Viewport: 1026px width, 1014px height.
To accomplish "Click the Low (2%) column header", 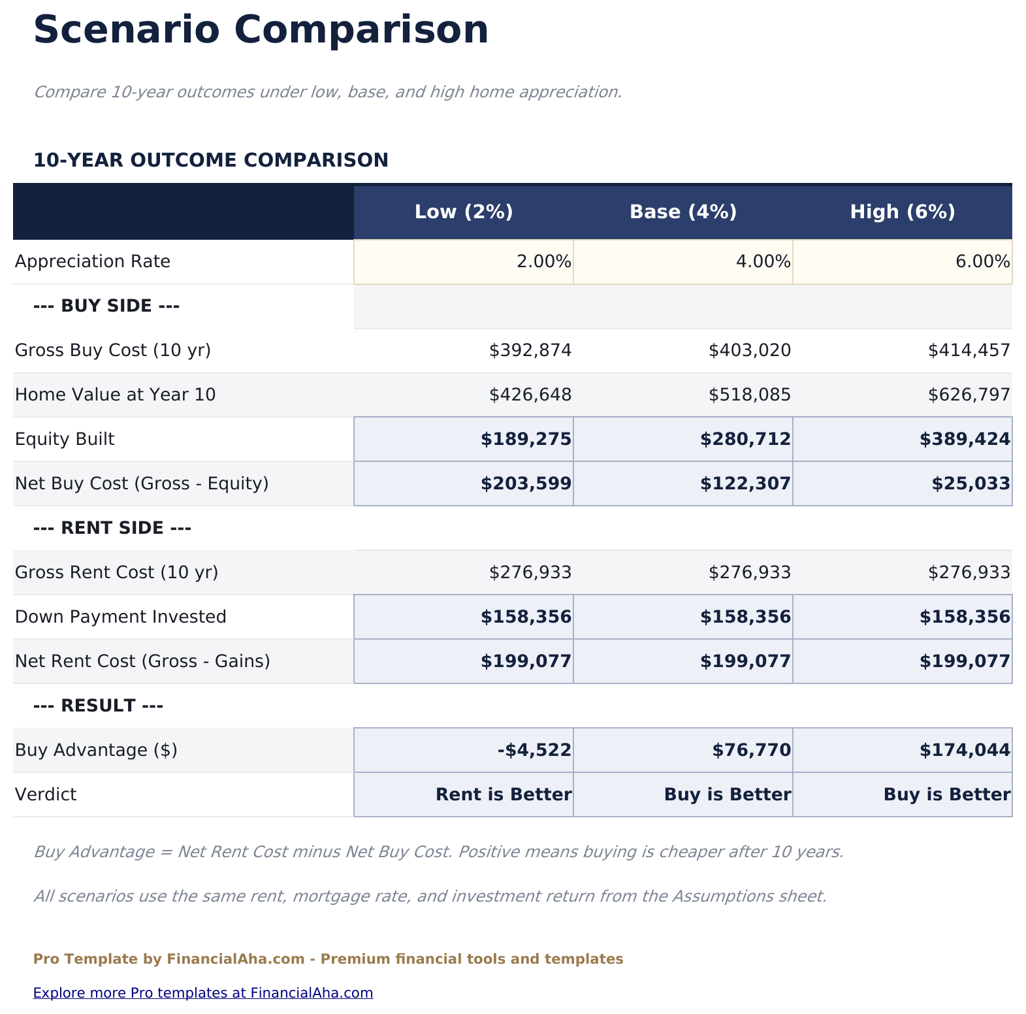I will (x=464, y=212).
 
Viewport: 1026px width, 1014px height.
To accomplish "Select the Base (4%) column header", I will (x=683, y=212).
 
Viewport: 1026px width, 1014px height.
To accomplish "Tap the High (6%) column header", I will (x=903, y=212).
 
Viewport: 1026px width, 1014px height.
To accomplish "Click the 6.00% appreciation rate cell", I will (x=903, y=262).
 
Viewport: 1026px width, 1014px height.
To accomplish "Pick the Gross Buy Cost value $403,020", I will (x=749, y=351).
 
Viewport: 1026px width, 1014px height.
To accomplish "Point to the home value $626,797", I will (x=969, y=395).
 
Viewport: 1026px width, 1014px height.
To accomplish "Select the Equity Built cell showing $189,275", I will (x=526, y=439).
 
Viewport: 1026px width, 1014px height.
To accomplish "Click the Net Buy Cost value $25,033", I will (x=970, y=483).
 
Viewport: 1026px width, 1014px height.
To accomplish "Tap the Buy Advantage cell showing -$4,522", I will (x=534, y=750).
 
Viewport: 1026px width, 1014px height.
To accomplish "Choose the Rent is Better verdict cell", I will (x=503, y=794).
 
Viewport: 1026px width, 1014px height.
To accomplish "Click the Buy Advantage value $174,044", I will (x=965, y=750).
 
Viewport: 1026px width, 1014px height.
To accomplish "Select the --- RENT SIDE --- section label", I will (x=112, y=528).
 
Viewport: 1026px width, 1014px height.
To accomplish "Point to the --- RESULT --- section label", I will (x=98, y=706).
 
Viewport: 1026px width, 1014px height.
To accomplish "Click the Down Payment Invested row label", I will (x=120, y=617).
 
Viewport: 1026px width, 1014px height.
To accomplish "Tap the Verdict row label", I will (x=46, y=794).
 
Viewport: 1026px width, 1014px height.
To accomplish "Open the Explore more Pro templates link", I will (x=203, y=993).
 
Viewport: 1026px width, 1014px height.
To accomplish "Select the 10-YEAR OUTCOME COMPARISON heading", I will (x=210, y=160).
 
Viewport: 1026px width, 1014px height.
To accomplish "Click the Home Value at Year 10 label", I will (x=115, y=395).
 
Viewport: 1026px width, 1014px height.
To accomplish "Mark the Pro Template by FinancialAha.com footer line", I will (x=328, y=959).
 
